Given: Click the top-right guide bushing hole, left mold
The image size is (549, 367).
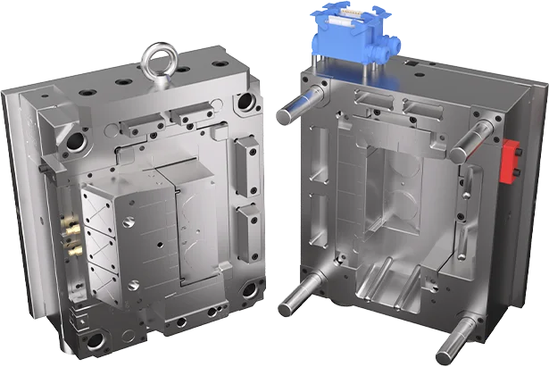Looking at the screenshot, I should [x=243, y=104].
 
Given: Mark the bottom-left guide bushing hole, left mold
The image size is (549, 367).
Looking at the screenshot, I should [x=93, y=339].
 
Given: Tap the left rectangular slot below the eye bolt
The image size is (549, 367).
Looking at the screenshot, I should [x=142, y=117].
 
